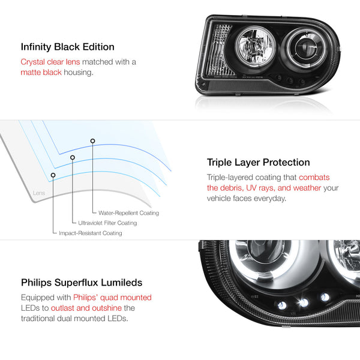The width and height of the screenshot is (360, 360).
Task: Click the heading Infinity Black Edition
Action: (x=67, y=47)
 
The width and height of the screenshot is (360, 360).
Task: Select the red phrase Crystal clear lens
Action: (x=50, y=62)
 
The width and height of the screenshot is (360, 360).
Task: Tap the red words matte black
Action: (x=41, y=73)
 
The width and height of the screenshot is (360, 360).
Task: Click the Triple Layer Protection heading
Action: (x=258, y=163)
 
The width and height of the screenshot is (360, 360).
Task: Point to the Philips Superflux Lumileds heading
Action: (x=82, y=283)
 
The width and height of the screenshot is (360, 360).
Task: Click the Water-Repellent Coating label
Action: (x=128, y=213)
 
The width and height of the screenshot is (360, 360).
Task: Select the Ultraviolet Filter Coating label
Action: (x=107, y=223)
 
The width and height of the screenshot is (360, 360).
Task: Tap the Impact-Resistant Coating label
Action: (x=91, y=233)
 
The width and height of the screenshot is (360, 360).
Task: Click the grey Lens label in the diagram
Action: (x=39, y=193)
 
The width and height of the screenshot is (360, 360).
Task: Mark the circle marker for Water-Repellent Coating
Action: (x=92, y=141)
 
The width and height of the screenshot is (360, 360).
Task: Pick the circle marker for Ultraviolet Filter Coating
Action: (x=73, y=157)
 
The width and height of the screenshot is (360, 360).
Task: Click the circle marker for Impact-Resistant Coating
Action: (x=53, y=175)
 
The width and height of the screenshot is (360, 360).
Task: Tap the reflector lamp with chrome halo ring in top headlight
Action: (x=256, y=47)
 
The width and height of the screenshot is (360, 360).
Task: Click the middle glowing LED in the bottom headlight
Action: (x=304, y=302)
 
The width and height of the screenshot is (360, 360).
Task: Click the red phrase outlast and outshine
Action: (x=86, y=308)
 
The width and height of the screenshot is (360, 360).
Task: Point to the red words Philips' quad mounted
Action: (x=113, y=298)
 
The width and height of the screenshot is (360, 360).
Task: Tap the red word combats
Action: (x=314, y=177)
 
